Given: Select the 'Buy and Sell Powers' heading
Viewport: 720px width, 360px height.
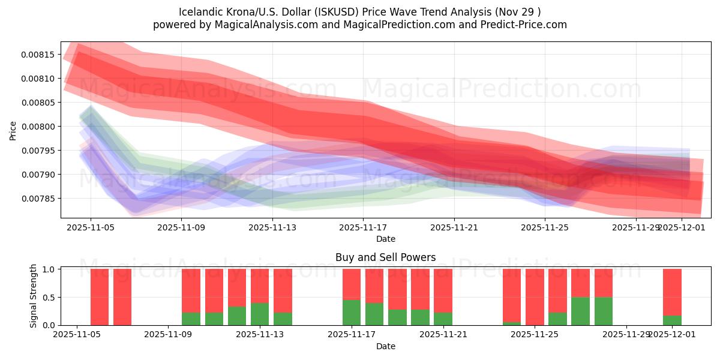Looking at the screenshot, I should coord(385,257).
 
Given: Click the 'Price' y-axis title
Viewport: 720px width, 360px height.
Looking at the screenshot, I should coord(13,130).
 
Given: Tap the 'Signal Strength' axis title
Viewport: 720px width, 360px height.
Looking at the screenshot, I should coord(34,296).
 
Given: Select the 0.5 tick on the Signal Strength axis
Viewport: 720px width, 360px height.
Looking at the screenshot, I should coord(49,297).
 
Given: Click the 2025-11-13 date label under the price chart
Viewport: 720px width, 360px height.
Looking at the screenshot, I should coord(272,227).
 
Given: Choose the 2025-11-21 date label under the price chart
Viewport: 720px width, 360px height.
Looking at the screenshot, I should coord(454,227).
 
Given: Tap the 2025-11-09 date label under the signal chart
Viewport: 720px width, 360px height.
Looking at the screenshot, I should coord(169,335).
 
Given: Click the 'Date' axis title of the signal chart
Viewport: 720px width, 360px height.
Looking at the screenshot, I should coord(385,346).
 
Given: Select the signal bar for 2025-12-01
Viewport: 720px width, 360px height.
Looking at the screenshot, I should coord(672,297).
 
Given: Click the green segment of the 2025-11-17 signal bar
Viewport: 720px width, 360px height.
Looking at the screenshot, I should coord(352,313).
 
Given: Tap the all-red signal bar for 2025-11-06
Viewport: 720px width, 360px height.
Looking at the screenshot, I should coord(100,297).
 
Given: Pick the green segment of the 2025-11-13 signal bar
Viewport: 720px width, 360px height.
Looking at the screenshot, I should coord(260,314).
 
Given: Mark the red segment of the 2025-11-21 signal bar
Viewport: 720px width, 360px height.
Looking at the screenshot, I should coord(443,290).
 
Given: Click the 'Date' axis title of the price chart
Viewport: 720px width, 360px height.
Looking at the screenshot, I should coord(385,239).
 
